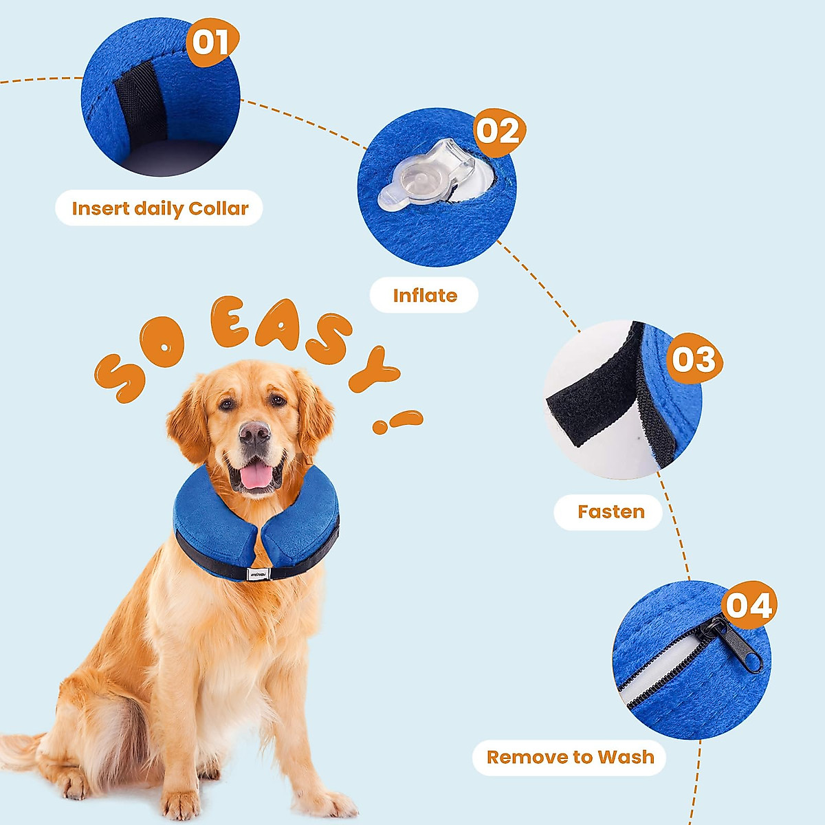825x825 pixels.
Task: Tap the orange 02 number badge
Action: (498, 131)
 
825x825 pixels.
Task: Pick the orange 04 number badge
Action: (748, 606)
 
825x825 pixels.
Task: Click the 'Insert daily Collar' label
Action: (159, 208)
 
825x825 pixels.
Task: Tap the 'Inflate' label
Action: (424, 296)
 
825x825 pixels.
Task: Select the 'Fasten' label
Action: (610, 512)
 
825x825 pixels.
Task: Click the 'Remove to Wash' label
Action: (570, 758)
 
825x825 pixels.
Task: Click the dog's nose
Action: (254, 432)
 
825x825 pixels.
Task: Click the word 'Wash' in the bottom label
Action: (626, 758)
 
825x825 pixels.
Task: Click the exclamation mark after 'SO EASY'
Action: (397, 421)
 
